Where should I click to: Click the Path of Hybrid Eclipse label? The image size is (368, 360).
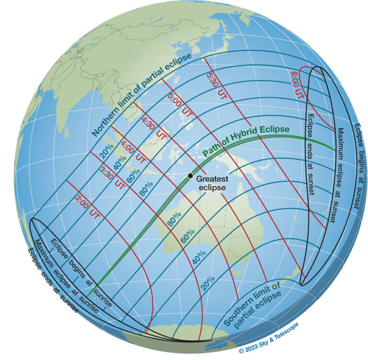246,141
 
